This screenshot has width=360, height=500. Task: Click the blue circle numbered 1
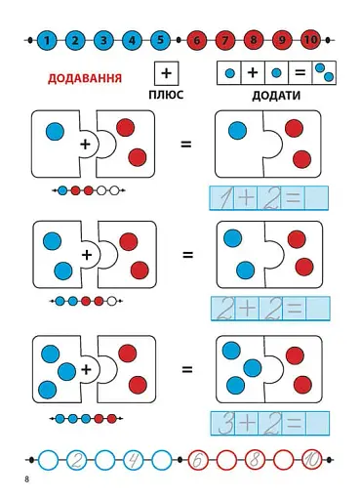pyautogui.click(x=47, y=41)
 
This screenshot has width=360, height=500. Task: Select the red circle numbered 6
pyautogui.click(x=197, y=41)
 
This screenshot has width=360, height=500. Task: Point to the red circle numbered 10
pyautogui.click(x=311, y=41)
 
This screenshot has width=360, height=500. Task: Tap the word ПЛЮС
pyautogui.click(x=166, y=97)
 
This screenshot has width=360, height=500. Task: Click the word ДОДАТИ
pyautogui.click(x=276, y=97)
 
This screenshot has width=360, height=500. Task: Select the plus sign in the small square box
pyautogui.click(x=166, y=73)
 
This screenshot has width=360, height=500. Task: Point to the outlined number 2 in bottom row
pyautogui.click(x=77, y=458)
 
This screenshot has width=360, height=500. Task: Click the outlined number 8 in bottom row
pyautogui.click(x=255, y=458)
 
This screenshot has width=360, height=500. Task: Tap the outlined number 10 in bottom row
pyautogui.click(x=311, y=458)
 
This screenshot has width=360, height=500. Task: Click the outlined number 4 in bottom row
pyautogui.click(x=134, y=458)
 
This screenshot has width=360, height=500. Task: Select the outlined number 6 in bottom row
pyautogui.click(x=198, y=458)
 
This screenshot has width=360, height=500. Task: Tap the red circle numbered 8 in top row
pyautogui.click(x=255, y=41)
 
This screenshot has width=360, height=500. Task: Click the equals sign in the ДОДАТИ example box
pyautogui.click(x=300, y=72)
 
